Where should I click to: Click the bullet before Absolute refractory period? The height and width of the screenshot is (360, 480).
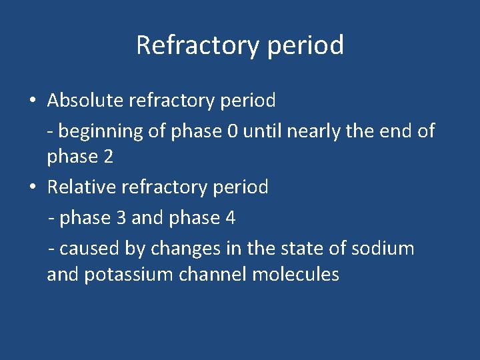click(x=33, y=101)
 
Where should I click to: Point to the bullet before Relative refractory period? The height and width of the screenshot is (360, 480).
click(x=33, y=187)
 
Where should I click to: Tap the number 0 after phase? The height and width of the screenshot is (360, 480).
click(x=231, y=131)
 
